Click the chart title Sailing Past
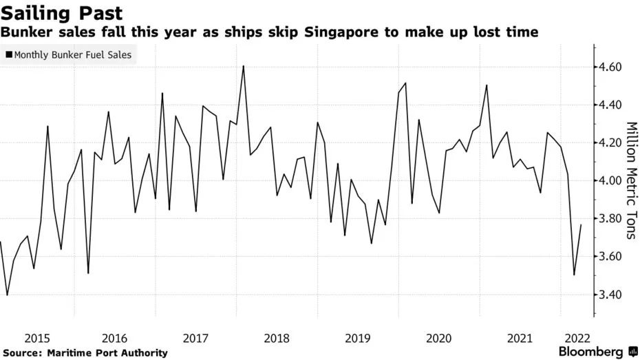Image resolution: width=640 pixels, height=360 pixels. [62, 12]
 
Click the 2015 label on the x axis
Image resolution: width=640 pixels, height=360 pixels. [37, 338]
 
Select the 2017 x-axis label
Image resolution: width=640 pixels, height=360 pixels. [197, 338]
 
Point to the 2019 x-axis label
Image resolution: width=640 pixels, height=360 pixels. [357, 338]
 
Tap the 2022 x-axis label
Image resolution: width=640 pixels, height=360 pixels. [576, 338]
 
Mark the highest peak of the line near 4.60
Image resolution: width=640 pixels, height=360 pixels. [244, 66]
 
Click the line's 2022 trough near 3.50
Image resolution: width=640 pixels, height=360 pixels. [574, 275]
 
